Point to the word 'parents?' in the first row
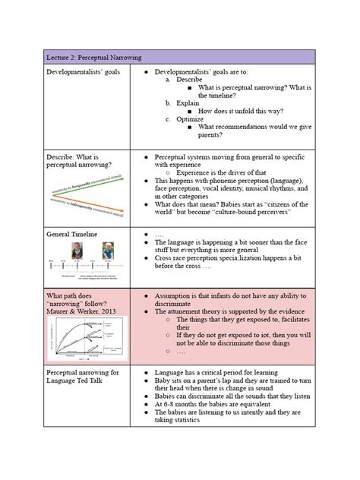tap(210, 135)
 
